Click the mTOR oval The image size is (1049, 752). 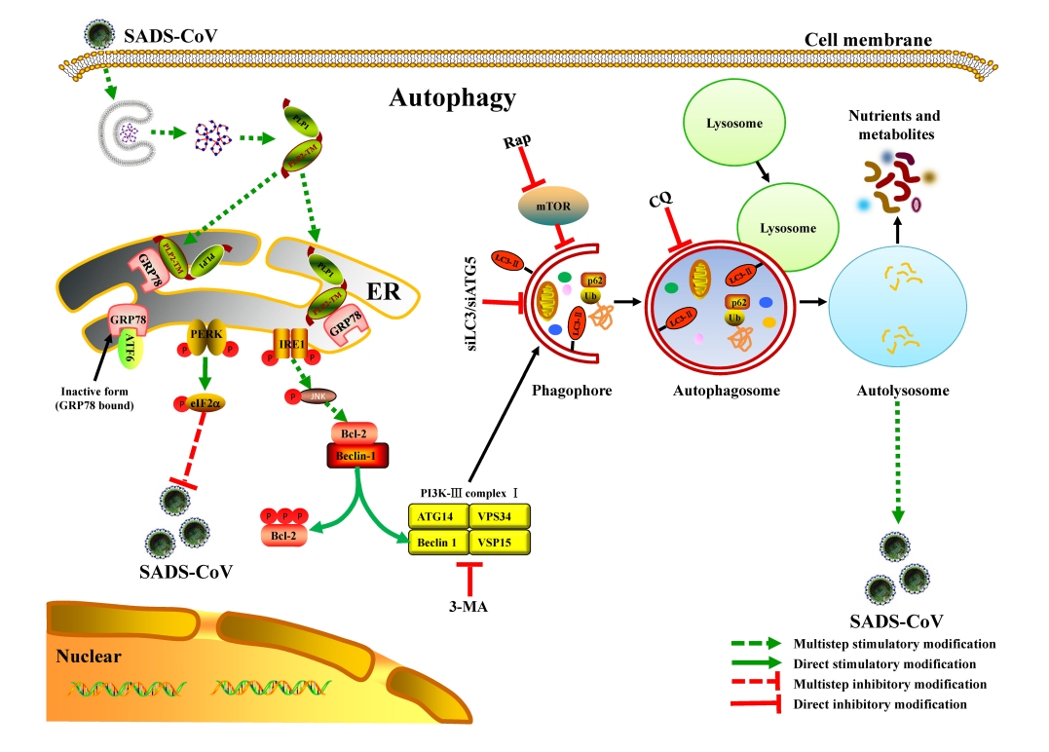pos(549,207)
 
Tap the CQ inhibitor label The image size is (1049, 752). pos(660,202)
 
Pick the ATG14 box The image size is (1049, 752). pos(437,515)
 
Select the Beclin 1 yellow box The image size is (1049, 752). pos(437,542)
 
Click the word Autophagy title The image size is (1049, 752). pos(452,98)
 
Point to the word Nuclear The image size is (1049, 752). pos(89,656)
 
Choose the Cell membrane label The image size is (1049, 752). pos(868,40)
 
